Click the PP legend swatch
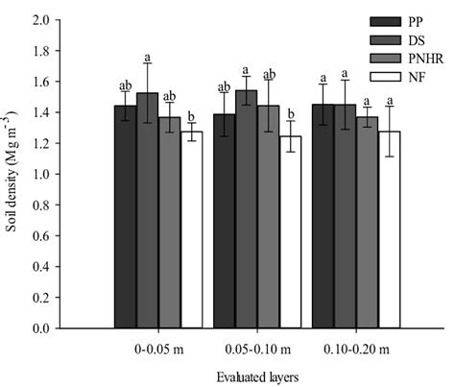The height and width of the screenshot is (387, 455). [x=387, y=22]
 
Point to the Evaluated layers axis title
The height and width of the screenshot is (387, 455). [x=256, y=378]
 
